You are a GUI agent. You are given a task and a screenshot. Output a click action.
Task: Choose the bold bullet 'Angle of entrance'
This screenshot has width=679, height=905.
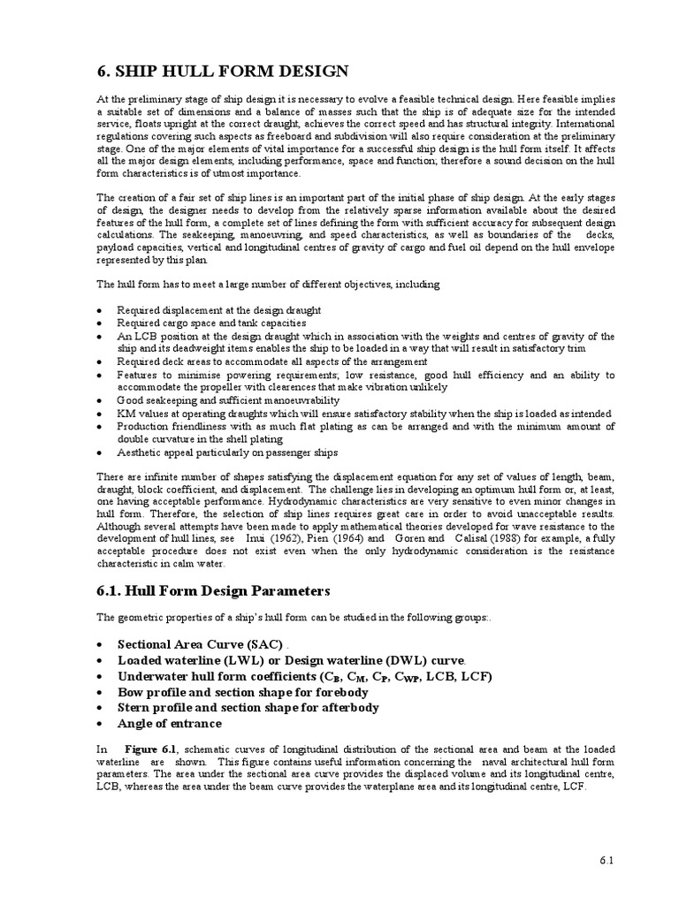172,723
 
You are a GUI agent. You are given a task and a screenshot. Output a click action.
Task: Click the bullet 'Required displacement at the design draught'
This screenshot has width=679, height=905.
218,310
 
